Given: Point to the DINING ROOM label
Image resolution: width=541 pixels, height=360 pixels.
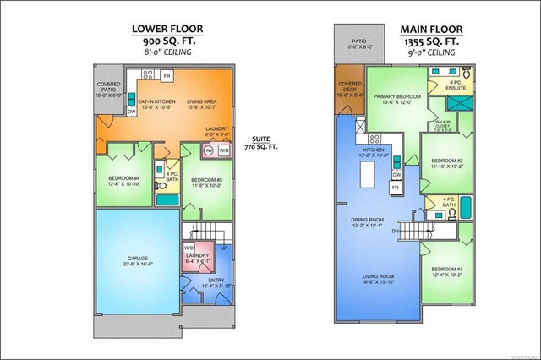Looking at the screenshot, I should pyautogui.click(x=367, y=221).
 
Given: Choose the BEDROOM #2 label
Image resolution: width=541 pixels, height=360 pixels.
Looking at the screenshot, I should pyautogui.click(x=446, y=161).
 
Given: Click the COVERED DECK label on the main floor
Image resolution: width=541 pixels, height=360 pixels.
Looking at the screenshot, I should pyautogui.click(x=349, y=88).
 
